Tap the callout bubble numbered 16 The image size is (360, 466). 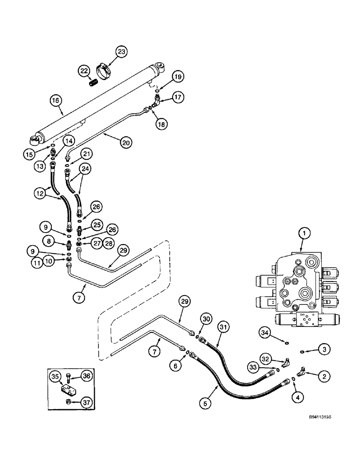point(55,99)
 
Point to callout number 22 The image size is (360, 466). point(84,70)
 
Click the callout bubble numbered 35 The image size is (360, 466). point(55,376)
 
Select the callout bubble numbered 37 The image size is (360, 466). point(85,403)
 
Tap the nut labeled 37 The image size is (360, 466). point(69,402)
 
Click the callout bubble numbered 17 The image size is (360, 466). point(178,97)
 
